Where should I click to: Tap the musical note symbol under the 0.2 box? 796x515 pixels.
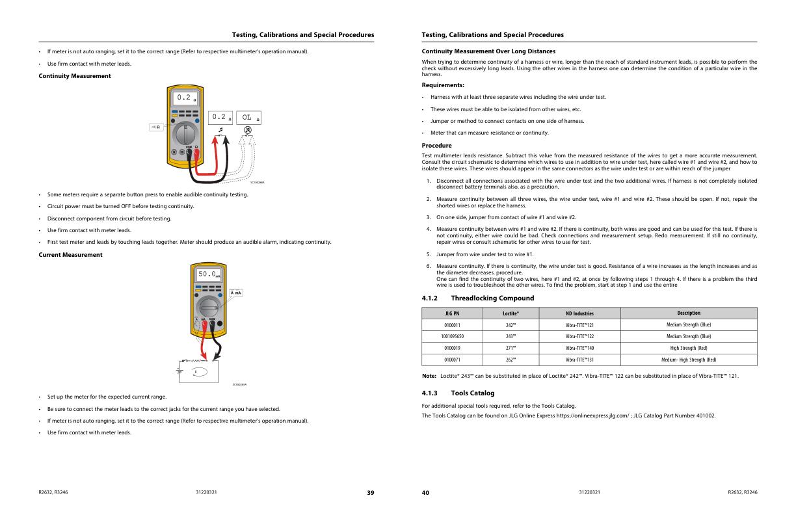point(220,130)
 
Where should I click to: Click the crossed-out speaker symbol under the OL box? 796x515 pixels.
point(248,130)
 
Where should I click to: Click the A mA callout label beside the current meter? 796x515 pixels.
point(236,293)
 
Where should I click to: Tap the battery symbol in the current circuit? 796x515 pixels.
point(179,371)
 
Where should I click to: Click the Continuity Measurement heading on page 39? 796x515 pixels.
point(75,76)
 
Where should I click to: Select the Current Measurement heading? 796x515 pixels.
point(70,254)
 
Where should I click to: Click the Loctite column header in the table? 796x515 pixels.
point(511,313)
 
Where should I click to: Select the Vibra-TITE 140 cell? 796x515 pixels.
point(579,348)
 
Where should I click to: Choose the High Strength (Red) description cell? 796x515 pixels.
point(689,348)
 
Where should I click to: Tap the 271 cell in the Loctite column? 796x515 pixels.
point(511,348)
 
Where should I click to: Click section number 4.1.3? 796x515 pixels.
point(430,393)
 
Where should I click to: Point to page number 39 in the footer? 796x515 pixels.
point(370,493)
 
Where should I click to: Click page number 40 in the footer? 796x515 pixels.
point(426,493)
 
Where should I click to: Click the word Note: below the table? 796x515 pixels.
point(429,376)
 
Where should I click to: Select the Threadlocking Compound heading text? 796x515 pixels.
point(492,298)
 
